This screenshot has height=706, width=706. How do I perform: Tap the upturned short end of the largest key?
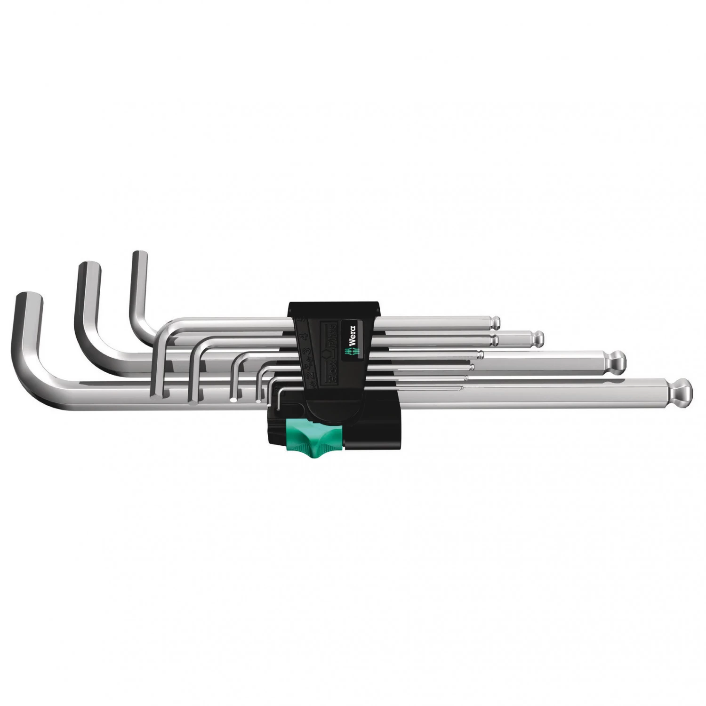(x=29, y=301)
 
